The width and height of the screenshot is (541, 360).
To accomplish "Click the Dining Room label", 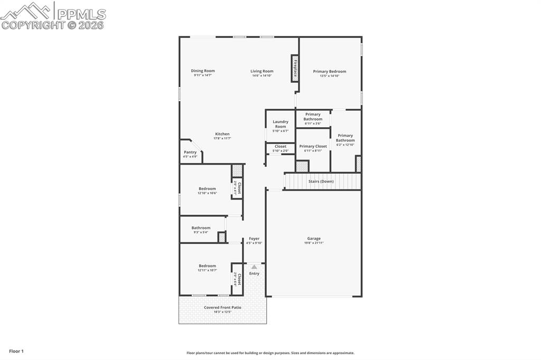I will point(203,71).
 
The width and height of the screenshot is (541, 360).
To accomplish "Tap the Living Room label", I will point(262,71).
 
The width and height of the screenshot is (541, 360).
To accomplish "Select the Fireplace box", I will point(295,69).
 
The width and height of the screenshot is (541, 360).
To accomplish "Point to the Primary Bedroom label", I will point(329,71).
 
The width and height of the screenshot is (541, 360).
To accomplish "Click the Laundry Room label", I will point(281,124).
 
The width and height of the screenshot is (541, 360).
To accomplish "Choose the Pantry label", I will point(190,152).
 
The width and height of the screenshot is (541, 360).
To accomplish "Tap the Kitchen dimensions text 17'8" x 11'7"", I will point(222,138).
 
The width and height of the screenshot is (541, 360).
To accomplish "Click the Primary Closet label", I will point(313,146).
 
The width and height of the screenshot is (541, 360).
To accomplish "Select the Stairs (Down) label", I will point(321,181).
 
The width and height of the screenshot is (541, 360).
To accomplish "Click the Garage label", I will point(314,238).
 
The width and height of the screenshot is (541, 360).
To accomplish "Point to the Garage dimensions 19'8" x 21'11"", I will point(314,243).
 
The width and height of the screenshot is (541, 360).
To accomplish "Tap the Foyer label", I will point(254,239).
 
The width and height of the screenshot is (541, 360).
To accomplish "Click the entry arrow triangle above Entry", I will point(254,267).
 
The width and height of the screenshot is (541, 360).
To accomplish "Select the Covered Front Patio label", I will point(222,307).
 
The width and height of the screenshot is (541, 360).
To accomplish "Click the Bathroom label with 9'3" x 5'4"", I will point(201,228).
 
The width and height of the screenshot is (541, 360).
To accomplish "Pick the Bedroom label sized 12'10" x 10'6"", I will point(207,188).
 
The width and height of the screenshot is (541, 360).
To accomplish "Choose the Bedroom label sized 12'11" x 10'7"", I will point(207,266).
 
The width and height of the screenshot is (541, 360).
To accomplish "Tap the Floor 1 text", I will point(16,351).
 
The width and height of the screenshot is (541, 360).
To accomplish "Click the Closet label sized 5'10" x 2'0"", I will point(281,146).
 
